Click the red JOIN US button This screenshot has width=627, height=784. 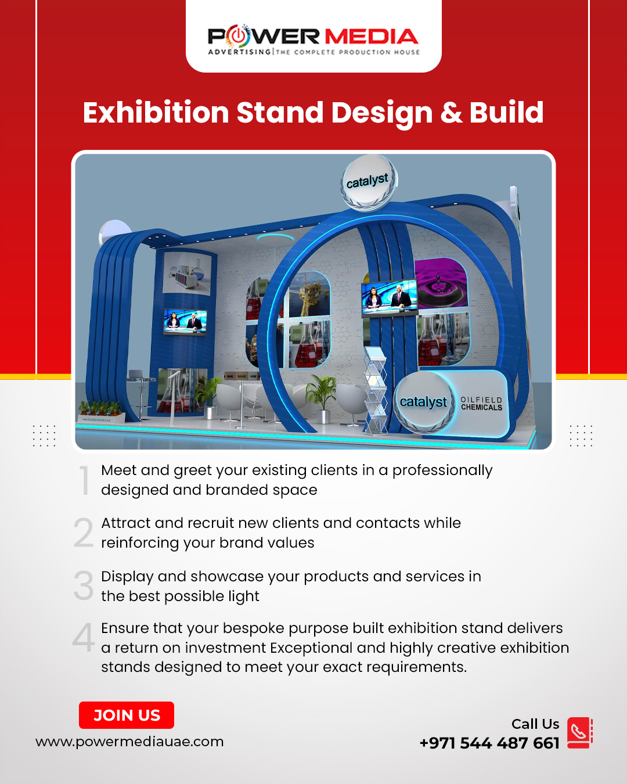pos(127,715)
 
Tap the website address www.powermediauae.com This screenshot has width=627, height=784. pos(129,742)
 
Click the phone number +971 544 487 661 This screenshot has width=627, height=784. pos(489,743)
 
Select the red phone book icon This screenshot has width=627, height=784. pos(579,733)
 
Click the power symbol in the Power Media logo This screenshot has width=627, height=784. pos(237,36)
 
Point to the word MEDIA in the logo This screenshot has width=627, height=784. pos(371,37)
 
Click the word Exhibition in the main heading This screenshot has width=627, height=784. pos(156,113)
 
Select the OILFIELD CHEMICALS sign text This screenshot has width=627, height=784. pos(481,403)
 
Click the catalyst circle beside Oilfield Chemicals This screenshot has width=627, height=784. pos(424,402)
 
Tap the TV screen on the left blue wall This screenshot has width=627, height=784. pos(185,321)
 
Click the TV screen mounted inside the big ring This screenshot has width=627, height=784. pos(390,297)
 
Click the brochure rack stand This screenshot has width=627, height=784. pos(375,390)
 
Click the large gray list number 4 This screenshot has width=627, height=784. pos(84,638)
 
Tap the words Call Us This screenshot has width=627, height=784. pos(535,724)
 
